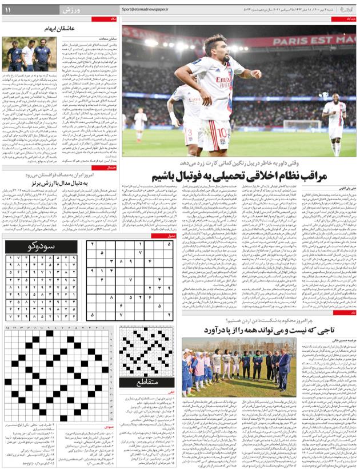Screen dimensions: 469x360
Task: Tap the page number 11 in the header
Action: pyautogui.click(x=9, y=10)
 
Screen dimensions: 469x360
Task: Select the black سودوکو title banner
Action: pyautogui.click(x=41, y=247)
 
